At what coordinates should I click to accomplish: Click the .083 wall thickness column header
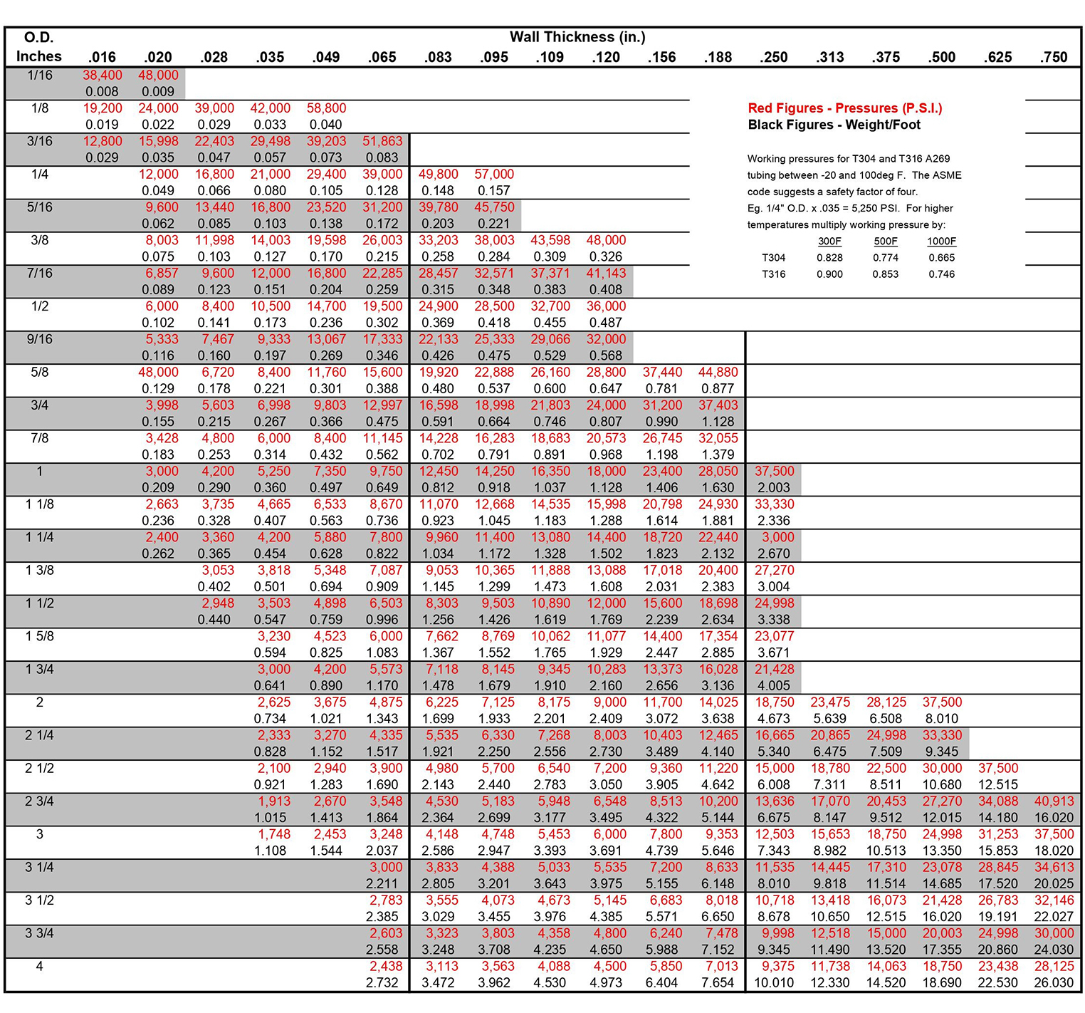coord(438,57)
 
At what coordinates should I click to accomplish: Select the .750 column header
coord(1054,57)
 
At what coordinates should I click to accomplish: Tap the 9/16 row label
coord(40,339)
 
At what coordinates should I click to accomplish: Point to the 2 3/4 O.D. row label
coord(40,801)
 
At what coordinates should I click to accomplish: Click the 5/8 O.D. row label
coord(40,372)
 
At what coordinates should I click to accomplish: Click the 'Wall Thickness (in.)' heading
coord(577,37)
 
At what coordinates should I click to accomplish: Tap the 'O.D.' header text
coord(39,37)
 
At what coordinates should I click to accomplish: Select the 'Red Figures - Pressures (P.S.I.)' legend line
coord(845,108)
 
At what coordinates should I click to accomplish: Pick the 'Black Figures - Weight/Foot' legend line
coord(834,125)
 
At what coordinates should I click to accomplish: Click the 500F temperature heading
coord(886,241)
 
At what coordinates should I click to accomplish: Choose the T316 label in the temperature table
coord(774,274)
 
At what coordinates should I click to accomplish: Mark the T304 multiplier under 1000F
coord(941,258)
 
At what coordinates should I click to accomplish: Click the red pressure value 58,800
coord(326,108)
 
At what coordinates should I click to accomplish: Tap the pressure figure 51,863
coord(382,141)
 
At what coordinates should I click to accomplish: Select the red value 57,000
coord(494,175)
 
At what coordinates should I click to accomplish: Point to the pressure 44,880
coord(718,372)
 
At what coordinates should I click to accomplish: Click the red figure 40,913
coord(1054,801)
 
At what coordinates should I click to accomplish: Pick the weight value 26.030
coord(1054,983)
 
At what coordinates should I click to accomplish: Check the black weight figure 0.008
coord(102,92)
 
